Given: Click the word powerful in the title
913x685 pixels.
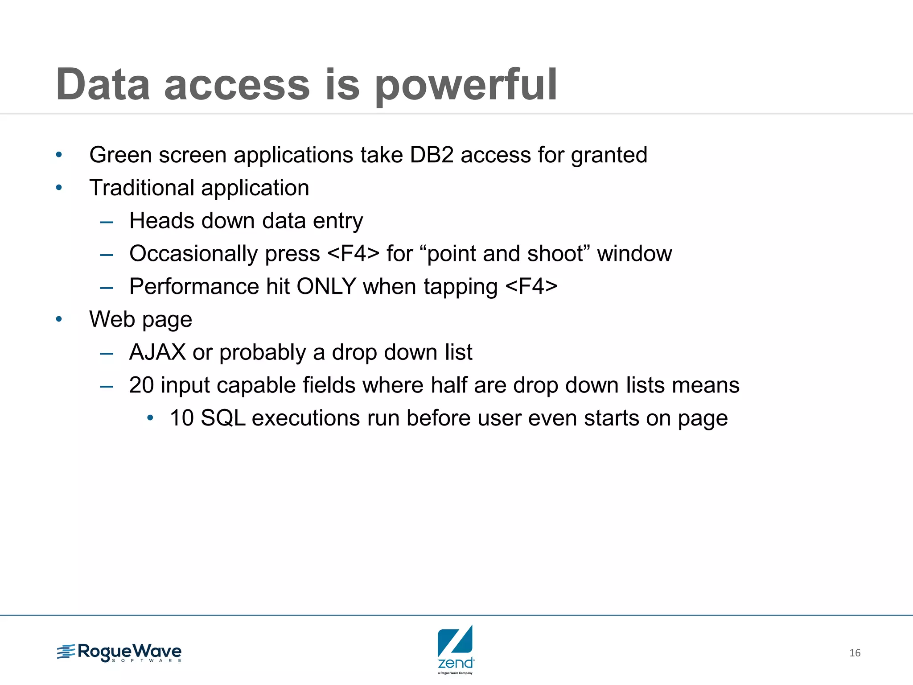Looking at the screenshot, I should (466, 86).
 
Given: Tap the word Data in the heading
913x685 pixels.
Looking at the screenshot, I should (103, 85).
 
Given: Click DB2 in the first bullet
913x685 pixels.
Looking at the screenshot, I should (431, 155).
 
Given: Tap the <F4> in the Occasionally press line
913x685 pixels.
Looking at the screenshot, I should (353, 254).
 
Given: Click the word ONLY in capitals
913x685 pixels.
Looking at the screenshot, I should (326, 286).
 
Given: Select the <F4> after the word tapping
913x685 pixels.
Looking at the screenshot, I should (531, 286).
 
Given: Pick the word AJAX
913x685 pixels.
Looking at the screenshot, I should (157, 352).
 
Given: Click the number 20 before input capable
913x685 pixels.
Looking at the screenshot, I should (141, 385).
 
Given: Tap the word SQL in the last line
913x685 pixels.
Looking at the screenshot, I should (223, 418).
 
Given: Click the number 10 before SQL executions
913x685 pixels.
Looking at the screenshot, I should (181, 418).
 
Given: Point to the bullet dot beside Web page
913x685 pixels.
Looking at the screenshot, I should (59, 319).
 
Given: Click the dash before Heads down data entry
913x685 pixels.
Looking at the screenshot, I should (107, 222).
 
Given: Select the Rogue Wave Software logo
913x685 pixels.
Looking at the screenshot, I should (119, 653).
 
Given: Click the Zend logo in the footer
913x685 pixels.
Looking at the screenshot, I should (455, 649).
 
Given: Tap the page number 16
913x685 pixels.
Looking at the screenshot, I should (855, 653).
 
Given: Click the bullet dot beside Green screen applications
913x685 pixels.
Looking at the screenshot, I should (59, 155).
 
